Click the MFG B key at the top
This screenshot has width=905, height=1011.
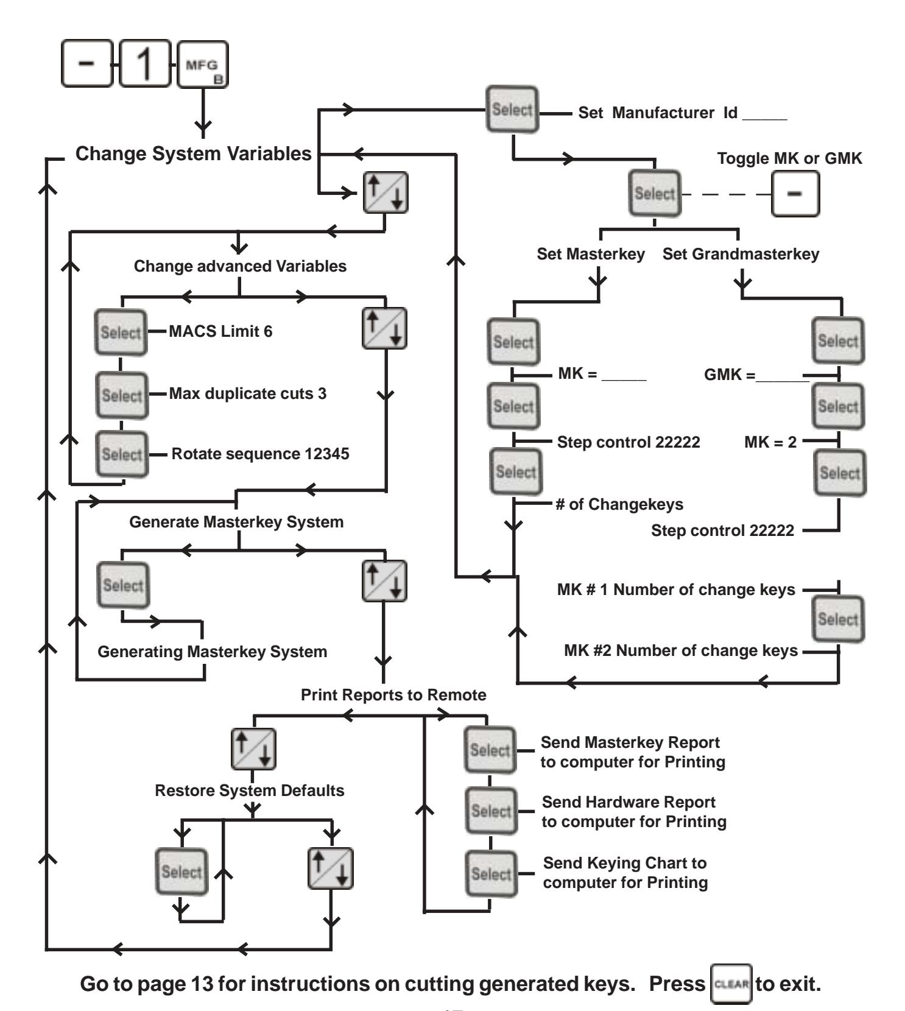(x=202, y=65)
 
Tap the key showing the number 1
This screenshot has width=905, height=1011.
(x=145, y=64)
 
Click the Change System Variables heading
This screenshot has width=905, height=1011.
(x=194, y=153)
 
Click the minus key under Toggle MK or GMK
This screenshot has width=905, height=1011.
(x=795, y=194)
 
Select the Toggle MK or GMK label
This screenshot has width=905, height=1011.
(x=790, y=158)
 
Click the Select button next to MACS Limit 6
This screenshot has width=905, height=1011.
(x=121, y=333)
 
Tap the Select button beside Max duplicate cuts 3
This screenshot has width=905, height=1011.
(x=122, y=395)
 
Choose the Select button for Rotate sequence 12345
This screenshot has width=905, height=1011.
(x=122, y=454)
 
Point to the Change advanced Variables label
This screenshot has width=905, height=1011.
(x=240, y=266)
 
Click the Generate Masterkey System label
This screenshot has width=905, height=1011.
(x=236, y=522)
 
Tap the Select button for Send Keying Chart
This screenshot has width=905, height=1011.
(x=491, y=874)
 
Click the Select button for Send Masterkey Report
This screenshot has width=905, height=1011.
(x=490, y=750)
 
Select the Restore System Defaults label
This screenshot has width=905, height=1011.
(x=250, y=791)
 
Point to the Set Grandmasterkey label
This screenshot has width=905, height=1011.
(x=741, y=254)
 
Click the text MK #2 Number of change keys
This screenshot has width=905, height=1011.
(x=681, y=650)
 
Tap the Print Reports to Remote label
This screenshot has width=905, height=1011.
(x=393, y=695)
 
